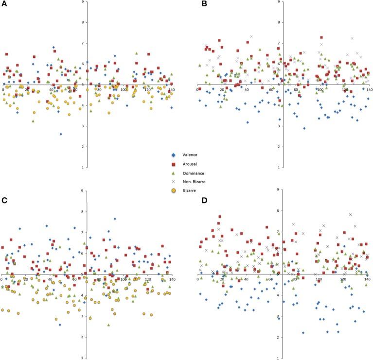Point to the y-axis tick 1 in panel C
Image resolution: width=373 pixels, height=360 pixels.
point(84,358)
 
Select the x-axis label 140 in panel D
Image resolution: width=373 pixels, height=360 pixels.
point(367,279)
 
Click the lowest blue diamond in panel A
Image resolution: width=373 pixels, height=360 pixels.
point(61,134)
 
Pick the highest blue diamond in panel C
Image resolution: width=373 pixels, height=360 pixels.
point(115,219)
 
